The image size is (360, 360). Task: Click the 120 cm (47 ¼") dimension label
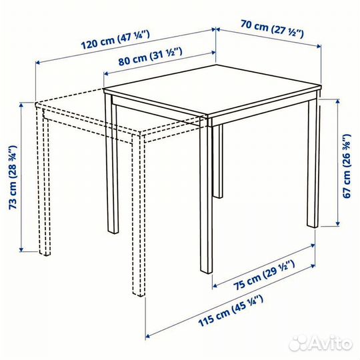pos(115,40)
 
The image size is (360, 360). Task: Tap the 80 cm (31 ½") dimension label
pos(151,56)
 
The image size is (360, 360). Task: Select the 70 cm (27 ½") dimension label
pos(272,29)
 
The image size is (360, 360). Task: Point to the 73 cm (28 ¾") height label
pos(13,177)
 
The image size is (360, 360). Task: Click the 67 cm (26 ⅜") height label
pos(347,166)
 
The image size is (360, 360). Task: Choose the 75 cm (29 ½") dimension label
pos(264,275)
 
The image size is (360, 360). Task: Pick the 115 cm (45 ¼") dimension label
pos(231,311)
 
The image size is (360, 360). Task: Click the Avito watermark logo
pos(321,343)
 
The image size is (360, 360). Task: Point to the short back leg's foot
pos(218,196)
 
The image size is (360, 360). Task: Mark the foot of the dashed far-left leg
pos(45,253)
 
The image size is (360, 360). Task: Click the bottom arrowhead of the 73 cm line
pos(21,249)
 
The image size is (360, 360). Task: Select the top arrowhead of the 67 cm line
pos(337,101)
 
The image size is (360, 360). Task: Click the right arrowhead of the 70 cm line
pos(319,46)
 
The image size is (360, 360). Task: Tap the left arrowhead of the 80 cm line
pos(106,73)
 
